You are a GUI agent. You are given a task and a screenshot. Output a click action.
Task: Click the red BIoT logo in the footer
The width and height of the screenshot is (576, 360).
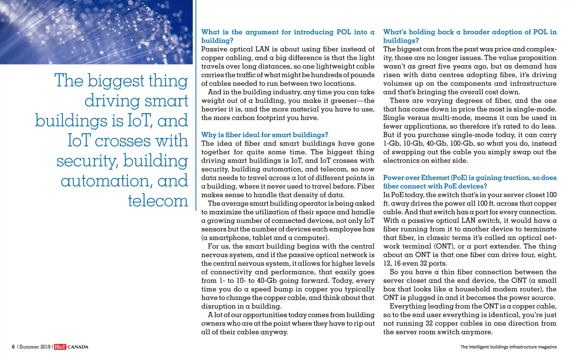(60, 347)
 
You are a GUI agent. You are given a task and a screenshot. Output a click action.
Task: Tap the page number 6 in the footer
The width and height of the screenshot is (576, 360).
(13, 347)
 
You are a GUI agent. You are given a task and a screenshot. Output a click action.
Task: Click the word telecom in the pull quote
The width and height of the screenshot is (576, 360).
(158, 201)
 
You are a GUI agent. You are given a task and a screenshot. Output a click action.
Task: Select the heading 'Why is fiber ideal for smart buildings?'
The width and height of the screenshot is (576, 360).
(265, 135)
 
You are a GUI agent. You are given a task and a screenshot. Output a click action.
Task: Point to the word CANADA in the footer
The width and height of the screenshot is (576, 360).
(78, 347)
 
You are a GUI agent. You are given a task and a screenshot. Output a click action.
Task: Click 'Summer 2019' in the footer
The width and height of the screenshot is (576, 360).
(35, 347)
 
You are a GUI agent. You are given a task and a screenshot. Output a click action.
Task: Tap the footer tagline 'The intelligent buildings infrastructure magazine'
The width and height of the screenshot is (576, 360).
(508, 347)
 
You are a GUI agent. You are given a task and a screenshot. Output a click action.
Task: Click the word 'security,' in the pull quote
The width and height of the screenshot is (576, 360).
(87, 161)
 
